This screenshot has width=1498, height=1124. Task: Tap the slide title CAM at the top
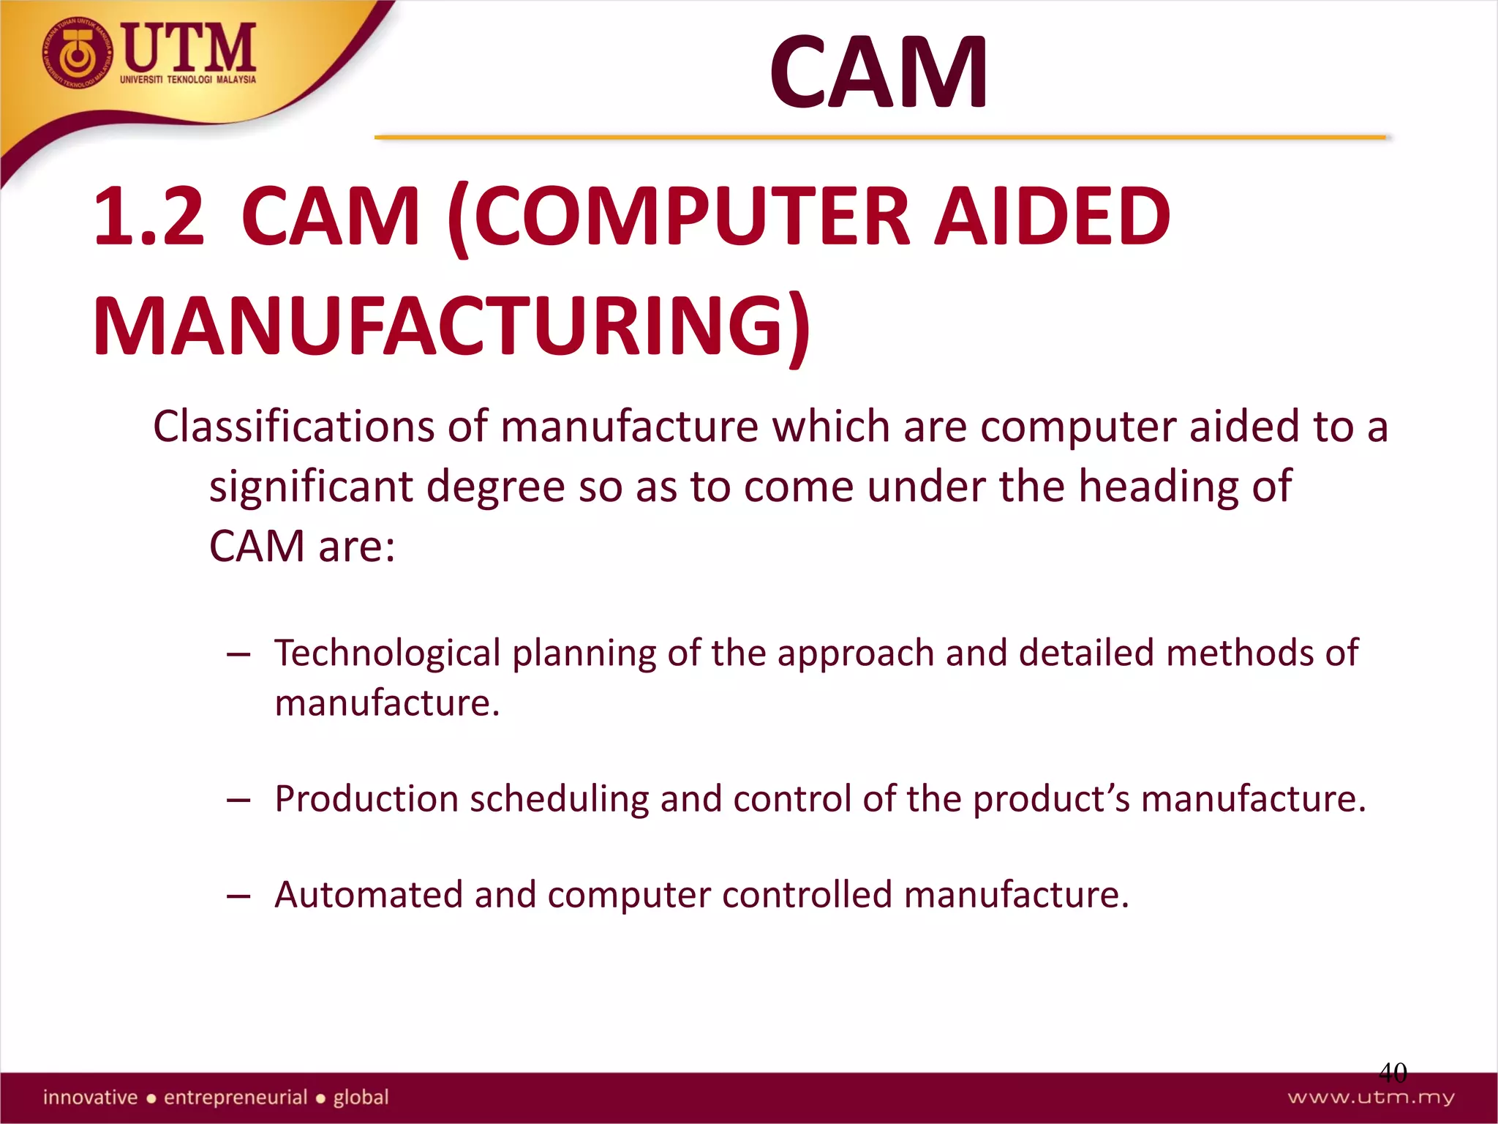coord(878,73)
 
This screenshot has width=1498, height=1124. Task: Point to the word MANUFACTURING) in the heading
coord(452,326)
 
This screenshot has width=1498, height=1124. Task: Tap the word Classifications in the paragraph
coord(294,427)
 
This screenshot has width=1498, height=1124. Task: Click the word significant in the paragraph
coord(311,487)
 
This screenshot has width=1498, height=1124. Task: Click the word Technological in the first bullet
coord(388,653)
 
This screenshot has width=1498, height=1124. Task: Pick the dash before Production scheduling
coord(238,800)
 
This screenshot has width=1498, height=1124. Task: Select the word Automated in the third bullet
coord(369,895)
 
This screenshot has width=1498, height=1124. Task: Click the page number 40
coord(1393,1073)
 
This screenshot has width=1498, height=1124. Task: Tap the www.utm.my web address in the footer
coord(1371,1098)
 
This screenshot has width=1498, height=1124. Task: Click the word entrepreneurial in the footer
coord(236,1098)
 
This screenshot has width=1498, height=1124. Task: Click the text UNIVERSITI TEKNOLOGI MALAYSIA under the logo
coord(188,80)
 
